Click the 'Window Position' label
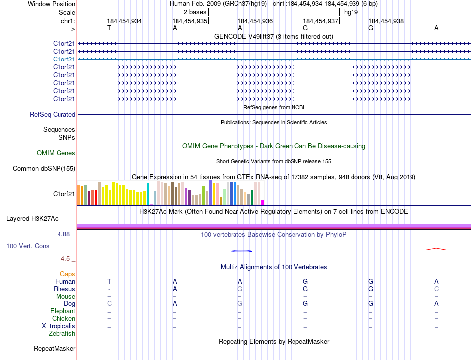tap(52, 4)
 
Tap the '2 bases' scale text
tap(195, 12)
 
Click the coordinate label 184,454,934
tap(124, 21)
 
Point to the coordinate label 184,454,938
tap(386, 21)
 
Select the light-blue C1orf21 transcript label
tap(64, 59)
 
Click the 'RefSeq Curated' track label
tap(53, 115)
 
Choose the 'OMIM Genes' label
tap(56, 153)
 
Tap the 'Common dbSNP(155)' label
tap(44, 169)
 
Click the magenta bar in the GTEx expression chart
tap(263, 202)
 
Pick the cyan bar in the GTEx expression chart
tap(148, 194)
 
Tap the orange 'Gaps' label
tap(67, 274)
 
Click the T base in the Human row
tap(109, 282)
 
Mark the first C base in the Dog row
tap(109, 303)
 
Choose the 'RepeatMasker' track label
tap(55, 349)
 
